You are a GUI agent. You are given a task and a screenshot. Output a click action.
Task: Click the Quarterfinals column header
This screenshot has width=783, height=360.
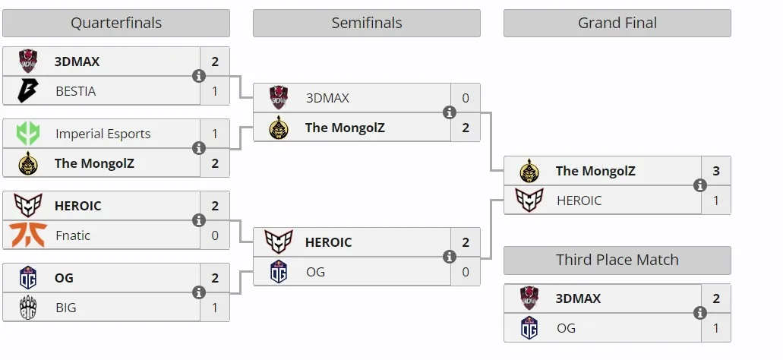(x=116, y=23)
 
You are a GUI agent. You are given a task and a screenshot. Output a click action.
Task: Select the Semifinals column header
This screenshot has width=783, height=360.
(x=367, y=23)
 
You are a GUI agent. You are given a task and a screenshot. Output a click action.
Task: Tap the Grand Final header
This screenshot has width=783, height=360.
(x=617, y=23)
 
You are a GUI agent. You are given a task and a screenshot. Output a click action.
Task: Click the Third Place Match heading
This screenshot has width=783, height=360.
(x=617, y=261)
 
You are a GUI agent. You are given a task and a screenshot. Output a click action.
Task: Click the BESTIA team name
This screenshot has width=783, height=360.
(x=76, y=91)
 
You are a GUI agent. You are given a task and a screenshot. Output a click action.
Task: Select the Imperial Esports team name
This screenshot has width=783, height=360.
(x=103, y=134)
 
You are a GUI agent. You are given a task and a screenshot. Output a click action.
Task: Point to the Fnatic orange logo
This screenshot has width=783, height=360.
(x=28, y=235)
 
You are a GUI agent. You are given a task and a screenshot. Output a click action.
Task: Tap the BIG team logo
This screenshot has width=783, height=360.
(x=28, y=307)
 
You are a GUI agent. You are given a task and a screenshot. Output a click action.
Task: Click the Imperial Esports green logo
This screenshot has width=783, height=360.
(x=28, y=134)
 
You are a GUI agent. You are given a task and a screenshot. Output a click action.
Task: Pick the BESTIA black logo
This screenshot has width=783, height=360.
(x=27, y=91)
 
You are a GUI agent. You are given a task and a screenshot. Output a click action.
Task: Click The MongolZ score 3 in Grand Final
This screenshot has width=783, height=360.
(x=716, y=171)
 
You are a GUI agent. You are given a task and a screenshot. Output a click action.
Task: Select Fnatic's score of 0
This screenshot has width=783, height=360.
(x=215, y=235)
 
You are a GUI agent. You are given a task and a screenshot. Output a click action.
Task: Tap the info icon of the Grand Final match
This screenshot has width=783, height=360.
(x=700, y=186)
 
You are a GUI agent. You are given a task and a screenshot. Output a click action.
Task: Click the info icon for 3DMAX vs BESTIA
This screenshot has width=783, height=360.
(x=199, y=77)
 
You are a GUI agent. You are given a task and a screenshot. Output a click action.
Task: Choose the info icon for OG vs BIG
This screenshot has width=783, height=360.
(x=199, y=292)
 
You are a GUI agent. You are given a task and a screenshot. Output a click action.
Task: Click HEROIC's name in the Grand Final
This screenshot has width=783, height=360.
(x=579, y=201)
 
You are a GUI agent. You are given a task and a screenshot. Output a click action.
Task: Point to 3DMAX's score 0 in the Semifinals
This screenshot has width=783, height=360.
(x=466, y=99)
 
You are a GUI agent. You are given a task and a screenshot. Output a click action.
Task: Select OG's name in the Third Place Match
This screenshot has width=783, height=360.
(x=567, y=329)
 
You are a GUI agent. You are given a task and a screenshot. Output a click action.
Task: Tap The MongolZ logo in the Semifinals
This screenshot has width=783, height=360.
(x=279, y=128)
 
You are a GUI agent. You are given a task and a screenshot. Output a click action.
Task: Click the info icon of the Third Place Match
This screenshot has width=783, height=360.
(x=700, y=313)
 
